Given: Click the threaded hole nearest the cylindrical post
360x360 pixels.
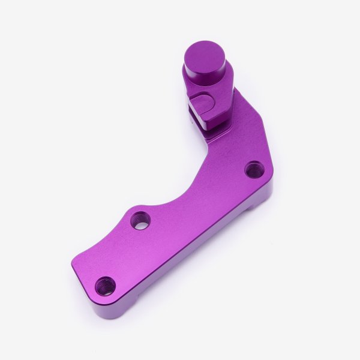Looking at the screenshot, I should (x=253, y=169).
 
